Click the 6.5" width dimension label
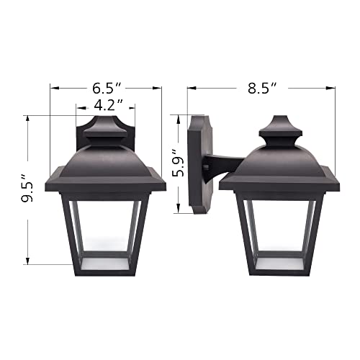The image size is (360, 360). coord(106,89)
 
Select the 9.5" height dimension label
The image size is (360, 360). coord(27,189)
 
